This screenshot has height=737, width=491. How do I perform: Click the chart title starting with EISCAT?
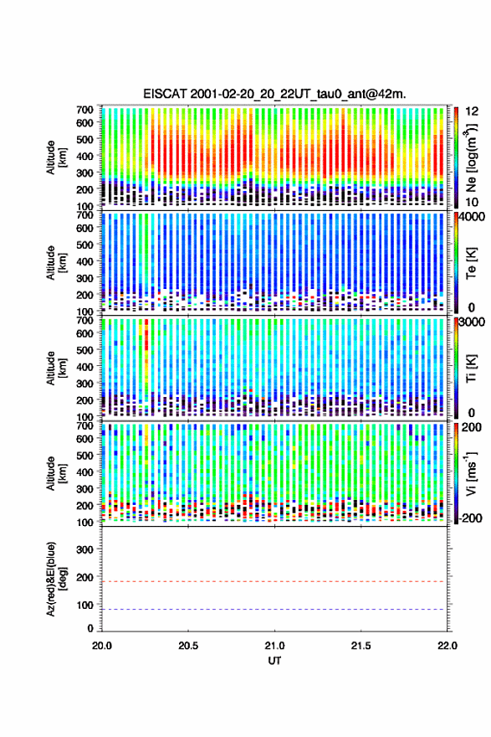(x=274, y=94)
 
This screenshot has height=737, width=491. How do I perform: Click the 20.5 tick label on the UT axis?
(x=188, y=646)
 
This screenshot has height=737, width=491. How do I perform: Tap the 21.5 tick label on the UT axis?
(x=361, y=646)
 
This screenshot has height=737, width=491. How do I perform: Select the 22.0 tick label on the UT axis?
(x=448, y=646)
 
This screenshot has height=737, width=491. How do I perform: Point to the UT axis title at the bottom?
(x=274, y=661)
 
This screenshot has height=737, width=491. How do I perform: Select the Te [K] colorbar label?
(x=471, y=263)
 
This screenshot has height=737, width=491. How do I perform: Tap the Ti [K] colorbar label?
(x=471, y=368)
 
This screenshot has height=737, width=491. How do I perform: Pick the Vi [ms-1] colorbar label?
(x=471, y=473)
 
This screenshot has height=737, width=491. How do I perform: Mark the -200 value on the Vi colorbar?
(x=470, y=518)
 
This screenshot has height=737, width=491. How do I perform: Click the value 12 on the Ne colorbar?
(x=472, y=111)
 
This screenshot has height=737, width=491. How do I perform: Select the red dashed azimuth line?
(x=274, y=581)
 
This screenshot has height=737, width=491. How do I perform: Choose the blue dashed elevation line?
(x=274, y=609)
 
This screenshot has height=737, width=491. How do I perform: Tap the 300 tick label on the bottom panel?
(x=84, y=549)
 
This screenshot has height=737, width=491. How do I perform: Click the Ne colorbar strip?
(x=456, y=157)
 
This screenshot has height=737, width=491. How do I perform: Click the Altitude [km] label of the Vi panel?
(x=55, y=473)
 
